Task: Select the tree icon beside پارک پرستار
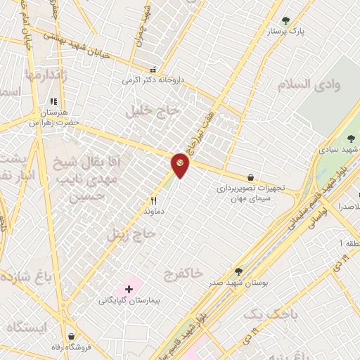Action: tap(285, 20)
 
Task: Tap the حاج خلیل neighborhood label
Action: tap(148, 110)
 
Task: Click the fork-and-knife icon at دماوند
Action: tap(153, 200)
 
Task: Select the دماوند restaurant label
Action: tap(153, 210)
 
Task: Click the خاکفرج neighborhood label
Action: tap(182, 271)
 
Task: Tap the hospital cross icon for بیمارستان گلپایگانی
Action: tap(129, 289)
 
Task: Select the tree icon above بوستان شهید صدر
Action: tap(238, 271)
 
